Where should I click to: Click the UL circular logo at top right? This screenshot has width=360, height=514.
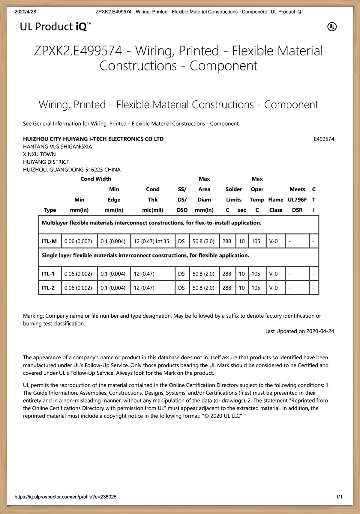tap(332, 27)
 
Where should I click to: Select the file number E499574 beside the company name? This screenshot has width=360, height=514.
tap(324, 139)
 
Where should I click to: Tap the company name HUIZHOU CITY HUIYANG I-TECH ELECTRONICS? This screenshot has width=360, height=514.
tap(93, 139)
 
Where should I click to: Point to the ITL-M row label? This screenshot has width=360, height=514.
tap(49, 241)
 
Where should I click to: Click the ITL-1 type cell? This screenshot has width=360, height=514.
tap(48, 274)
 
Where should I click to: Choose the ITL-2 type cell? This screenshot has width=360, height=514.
tap(48, 288)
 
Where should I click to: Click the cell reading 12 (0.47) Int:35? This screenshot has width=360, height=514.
tap(151, 241)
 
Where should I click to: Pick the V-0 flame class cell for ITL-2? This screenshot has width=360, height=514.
tap(273, 288)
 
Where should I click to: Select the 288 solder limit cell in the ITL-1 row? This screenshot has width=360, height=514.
tap(227, 274)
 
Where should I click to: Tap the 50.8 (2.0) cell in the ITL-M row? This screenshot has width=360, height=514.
tap(203, 241)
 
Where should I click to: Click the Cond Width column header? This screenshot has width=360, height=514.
tap(96, 179)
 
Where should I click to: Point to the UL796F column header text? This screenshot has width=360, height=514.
tap(297, 200)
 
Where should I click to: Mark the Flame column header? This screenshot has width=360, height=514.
tap(276, 200)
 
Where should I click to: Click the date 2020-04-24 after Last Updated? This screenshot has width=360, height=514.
tap(320, 331)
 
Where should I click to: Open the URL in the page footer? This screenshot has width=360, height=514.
tap(66, 497)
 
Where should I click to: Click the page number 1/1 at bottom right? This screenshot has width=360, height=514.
tap(339, 497)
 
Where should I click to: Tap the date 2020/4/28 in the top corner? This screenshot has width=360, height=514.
tap(25, 12)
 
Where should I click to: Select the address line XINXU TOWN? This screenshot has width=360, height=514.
tap(39, 154)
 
